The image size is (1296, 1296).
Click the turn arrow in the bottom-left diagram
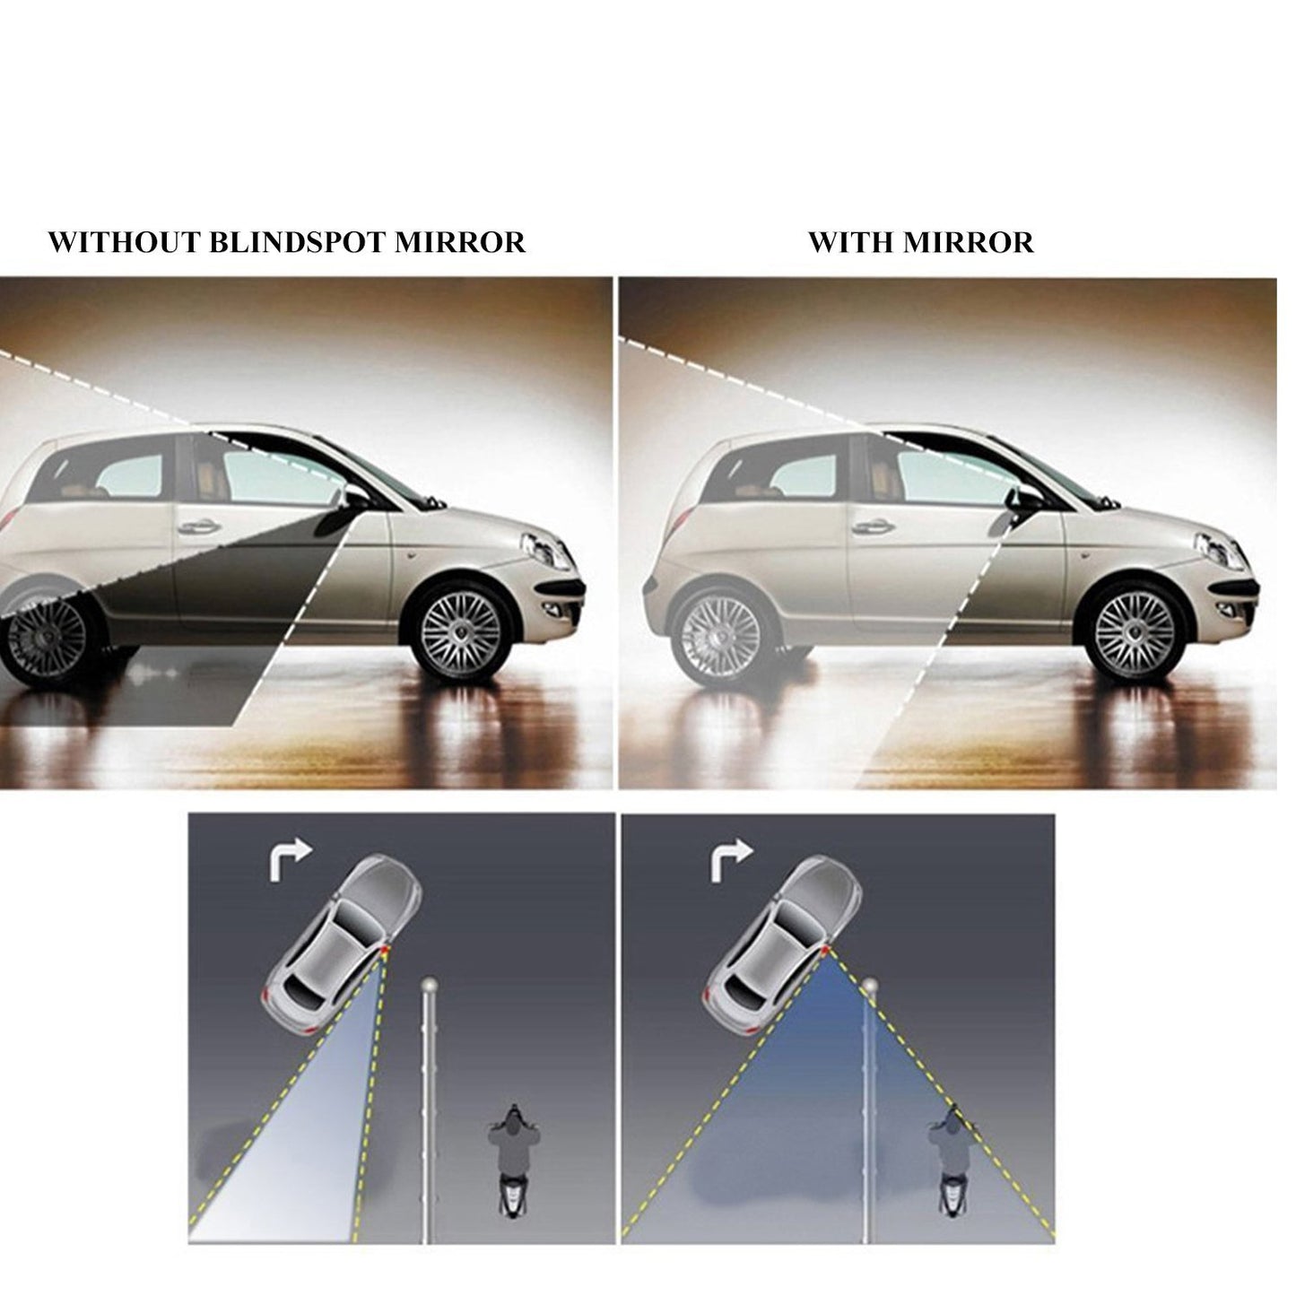pyautogui.click(x=290, y=861)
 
